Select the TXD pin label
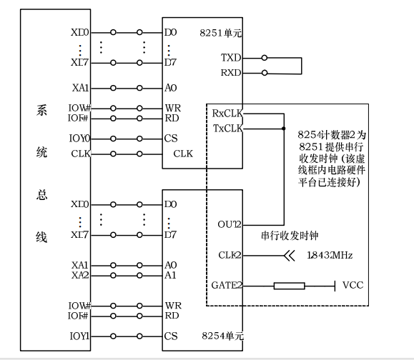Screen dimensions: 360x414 point(231,58)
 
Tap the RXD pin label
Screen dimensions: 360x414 point(231,72)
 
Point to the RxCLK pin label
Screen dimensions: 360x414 point(227,114)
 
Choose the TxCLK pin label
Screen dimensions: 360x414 point(227,128)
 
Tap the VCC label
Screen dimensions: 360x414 point(353,285)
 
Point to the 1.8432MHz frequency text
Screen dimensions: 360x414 point(330,255)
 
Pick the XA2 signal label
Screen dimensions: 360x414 point(81,275)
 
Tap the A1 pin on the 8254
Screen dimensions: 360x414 point(170,275)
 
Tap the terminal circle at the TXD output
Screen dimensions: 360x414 point(265,58)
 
